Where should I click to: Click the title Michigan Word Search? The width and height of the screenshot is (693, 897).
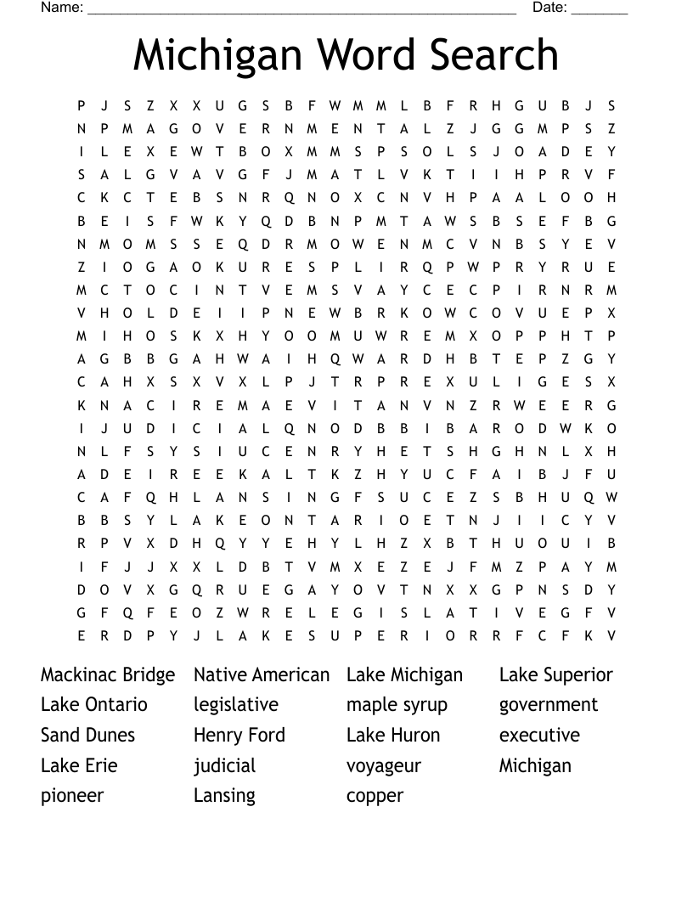tap(346, 56)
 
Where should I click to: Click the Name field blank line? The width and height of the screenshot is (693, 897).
tap(301, 10)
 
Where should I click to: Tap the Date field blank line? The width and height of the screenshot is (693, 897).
tap(600, 10)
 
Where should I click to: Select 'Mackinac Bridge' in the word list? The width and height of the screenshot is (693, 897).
tap(108, 675)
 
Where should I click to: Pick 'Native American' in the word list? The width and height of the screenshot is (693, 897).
tap(262, 675)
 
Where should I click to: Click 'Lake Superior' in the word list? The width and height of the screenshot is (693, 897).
tap(555, 675)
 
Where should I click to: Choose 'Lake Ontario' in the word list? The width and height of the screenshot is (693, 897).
tap(94, 705)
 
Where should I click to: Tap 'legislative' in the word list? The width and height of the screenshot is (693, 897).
tap(236, 705)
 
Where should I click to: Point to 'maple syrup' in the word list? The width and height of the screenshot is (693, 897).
tap(397, 706)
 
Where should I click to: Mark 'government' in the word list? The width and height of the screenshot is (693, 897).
tap(549, 706)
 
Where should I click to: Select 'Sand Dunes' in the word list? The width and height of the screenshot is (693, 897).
tap(87, 736)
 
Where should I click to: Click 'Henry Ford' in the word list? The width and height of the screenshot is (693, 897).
tap(239, 736)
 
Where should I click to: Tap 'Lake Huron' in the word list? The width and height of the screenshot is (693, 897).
tap(393, 736)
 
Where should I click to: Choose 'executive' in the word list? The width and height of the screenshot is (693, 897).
tap(539, 736)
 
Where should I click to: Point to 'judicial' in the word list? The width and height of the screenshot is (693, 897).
tap(224, 766)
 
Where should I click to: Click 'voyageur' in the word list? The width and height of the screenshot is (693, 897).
tap(384, 766)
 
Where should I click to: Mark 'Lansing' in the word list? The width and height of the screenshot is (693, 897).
tap(224, 796)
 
